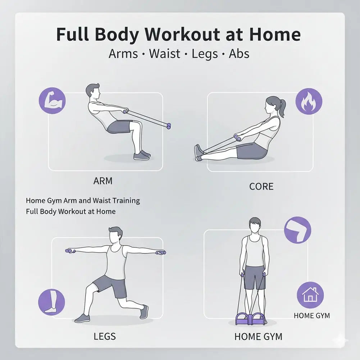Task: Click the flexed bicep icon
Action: (x=52, y=101)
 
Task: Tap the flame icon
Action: (x=309, y=101)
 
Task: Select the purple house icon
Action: (x=310, y=295)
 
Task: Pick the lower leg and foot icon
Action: (x=51, y=302)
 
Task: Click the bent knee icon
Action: (x=297, y=230)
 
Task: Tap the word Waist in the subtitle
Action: (x=164, y=54)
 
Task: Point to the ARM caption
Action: (x=102, y=181)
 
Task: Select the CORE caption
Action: (x=261, y=186)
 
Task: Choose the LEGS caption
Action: (x=105, y=336)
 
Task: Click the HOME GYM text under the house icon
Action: (x=311, y=316)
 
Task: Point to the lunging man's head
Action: (x=115, y=235)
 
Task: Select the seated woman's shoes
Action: (x=199, y=153)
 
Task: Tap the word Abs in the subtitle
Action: (x=239, y=54)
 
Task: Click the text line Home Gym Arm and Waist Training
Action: (x=83, y=201)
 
